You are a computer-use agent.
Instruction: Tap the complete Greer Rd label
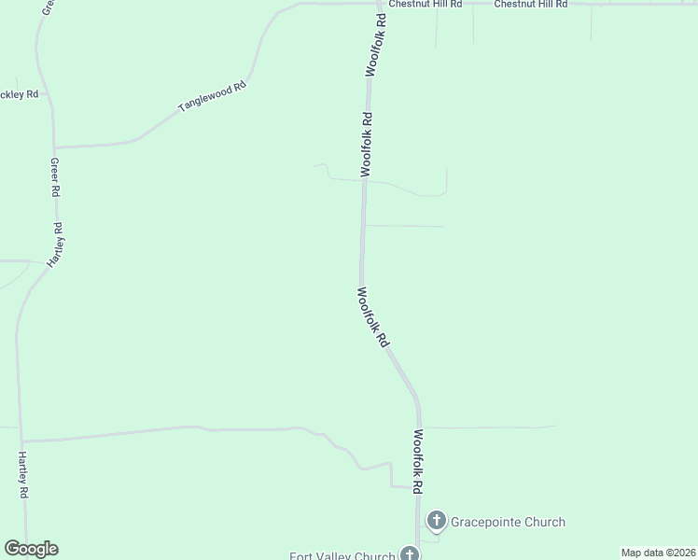pos(55,176)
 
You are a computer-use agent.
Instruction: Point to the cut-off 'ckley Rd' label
pos(20,94)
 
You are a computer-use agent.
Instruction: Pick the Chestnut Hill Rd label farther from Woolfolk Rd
pos(531,5)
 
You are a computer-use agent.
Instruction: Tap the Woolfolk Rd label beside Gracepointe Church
pos(419,461)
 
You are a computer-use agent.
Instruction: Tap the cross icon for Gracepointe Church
pos(436,521)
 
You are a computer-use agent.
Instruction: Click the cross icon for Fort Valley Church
pos(410,554)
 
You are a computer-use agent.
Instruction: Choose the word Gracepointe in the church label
pos(488,522)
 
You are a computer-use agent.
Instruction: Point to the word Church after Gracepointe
pos(546,522)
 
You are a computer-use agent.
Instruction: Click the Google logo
pos(31,549)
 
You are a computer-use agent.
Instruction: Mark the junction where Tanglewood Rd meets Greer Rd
pos(54,147)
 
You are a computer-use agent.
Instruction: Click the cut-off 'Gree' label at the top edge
pos(46,8)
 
